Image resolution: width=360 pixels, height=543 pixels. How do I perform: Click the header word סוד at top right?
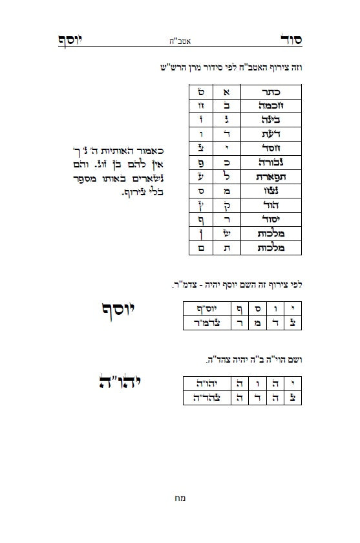coord(289,39)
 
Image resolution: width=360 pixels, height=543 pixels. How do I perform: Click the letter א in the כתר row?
coord(226,91)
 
